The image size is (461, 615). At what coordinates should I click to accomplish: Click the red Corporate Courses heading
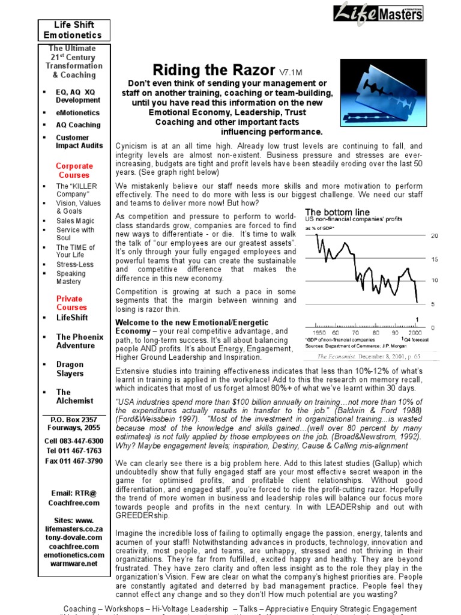pyautogui.click(x=74, y=171)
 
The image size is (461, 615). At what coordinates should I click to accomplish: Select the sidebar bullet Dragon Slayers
pyautogui.click(x=71, y=369)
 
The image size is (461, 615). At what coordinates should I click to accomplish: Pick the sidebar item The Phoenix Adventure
pyautogui.click(x=79, y=341)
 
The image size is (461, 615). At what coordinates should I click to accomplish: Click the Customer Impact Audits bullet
pyautogui.click(x=79, y=141)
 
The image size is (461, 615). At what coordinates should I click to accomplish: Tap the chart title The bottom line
pyautogui.click(x=337, y=212)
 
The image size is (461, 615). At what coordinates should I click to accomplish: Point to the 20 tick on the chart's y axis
pyautogui.click(x=435, y=236)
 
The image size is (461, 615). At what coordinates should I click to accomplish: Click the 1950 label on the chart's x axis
pyautogui.click(x=320, y=332)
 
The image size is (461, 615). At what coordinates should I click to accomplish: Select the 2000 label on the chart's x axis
pyautogui.click(x=414, y=332)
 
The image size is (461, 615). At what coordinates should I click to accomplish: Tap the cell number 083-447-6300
pyautogui.click(x=74, y=441)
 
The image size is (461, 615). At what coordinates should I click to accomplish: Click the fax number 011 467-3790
pyautogui.click(x=74, y=461)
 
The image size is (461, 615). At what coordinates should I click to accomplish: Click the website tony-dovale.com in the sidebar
pyautogui.click(x=74, y=538)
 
